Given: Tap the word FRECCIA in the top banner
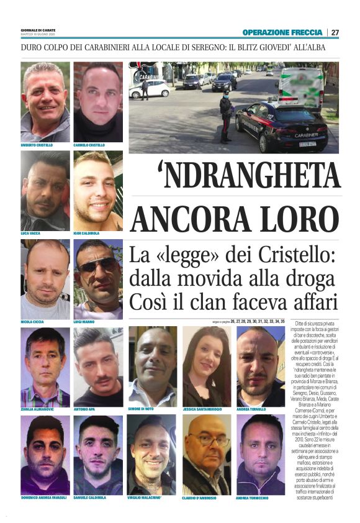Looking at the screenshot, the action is (307, 32).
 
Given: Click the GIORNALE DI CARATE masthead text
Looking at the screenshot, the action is (37, 30).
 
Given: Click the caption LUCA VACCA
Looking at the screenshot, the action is (30, 234).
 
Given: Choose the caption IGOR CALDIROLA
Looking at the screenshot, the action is (88, 234).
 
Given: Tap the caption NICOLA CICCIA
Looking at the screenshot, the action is (34, 322).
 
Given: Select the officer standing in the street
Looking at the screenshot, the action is (226, 115).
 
